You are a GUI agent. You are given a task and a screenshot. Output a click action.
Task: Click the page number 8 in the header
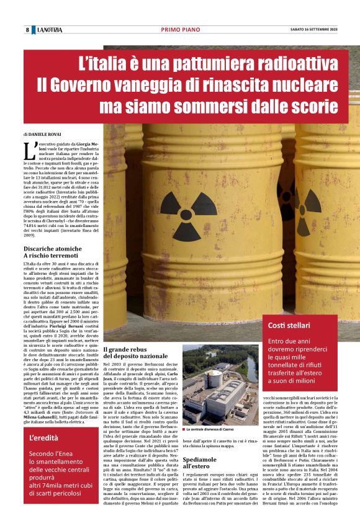click(27, 30)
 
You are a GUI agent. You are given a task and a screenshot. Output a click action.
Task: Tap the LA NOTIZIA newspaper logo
click(49, 30)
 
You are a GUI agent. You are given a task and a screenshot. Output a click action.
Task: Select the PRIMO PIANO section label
click(179, 30)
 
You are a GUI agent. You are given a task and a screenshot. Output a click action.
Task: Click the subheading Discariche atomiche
click(53, 249)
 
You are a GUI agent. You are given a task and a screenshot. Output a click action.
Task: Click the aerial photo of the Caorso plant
click(220, 385)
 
